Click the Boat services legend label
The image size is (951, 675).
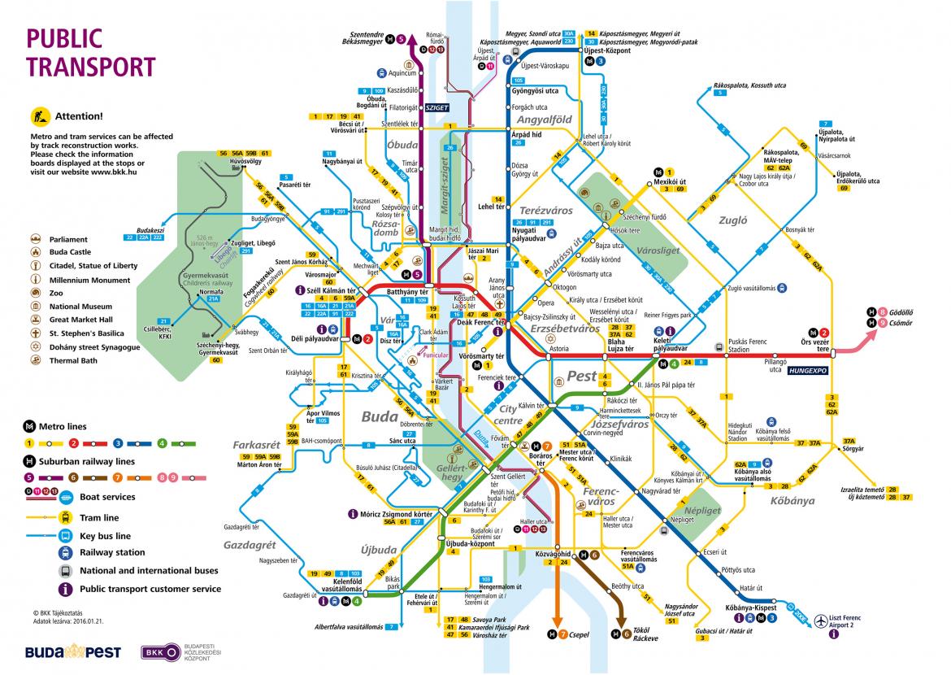pyautogui.click(x=107, y=497)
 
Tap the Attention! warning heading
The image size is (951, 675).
pyautogui.click(x=78, y=116)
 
